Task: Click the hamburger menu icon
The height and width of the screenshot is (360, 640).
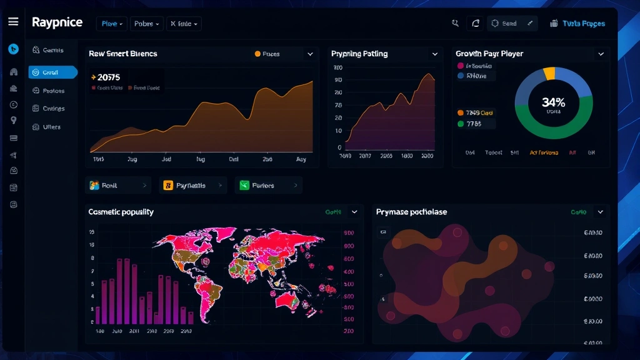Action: pos(13,22)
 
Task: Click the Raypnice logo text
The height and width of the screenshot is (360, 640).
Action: pos(57,22)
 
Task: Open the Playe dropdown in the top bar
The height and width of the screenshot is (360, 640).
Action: pos(112,24)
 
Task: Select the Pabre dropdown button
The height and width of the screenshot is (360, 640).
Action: pos(147,24)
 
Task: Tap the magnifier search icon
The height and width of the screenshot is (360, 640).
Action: pos(455,23)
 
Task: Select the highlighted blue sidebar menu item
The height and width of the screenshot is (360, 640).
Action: pos(52,72)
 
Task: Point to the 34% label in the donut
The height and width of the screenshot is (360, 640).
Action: pos(553,102)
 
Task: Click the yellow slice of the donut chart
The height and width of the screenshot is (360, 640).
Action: pos(549,73)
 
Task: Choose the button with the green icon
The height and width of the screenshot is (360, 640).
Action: pos(268,186)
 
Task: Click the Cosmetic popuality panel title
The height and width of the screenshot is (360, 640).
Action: pos(121,212)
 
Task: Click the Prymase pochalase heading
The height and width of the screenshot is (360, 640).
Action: pos(411,212)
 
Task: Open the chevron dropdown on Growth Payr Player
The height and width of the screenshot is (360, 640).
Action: pos(601,54)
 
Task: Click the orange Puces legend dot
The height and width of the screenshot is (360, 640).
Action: pos(257,54)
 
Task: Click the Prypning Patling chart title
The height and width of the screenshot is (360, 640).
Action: pos(359,54)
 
